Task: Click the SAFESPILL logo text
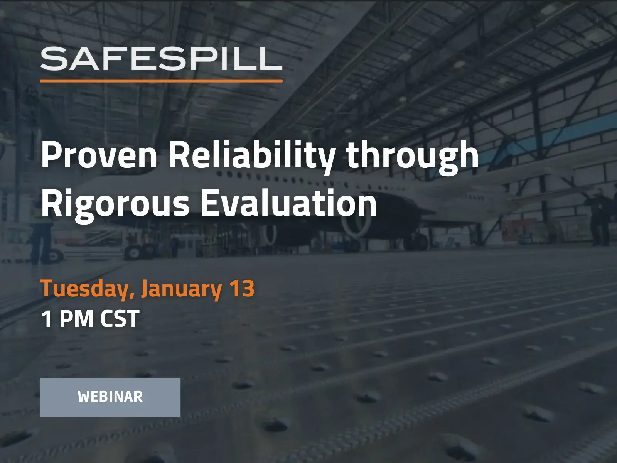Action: [161, 59]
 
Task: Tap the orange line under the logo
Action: [161, 81]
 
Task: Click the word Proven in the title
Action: [99, 155]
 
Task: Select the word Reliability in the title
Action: [252, 155]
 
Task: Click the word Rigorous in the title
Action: [115, 204]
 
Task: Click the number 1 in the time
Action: [47, 319]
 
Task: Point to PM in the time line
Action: [76, 319]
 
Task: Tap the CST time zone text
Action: [120, 319]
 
